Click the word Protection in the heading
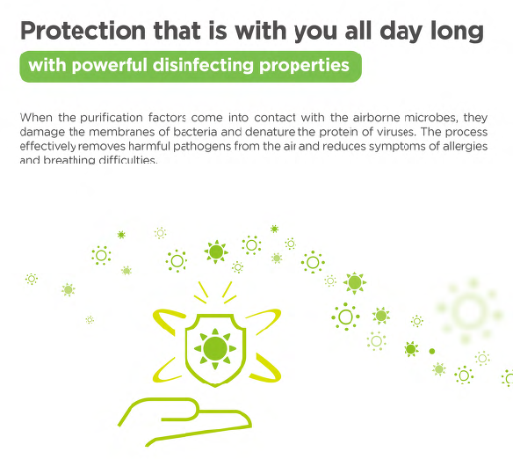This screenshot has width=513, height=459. click(x=83, y=31)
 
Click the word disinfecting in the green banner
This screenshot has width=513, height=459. click(x=203, y=65)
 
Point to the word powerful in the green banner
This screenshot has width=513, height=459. click(x=109, y=66)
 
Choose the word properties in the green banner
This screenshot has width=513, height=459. click(x=304, y=66)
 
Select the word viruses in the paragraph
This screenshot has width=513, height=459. click(x=396, y=132)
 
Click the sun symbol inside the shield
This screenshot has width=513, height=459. click(x=215, y=349)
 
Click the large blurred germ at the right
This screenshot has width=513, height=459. click(x=469, y=311)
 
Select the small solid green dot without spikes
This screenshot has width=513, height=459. click(x=432, y=352)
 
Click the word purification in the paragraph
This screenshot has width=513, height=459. click(x=112, y=118)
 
